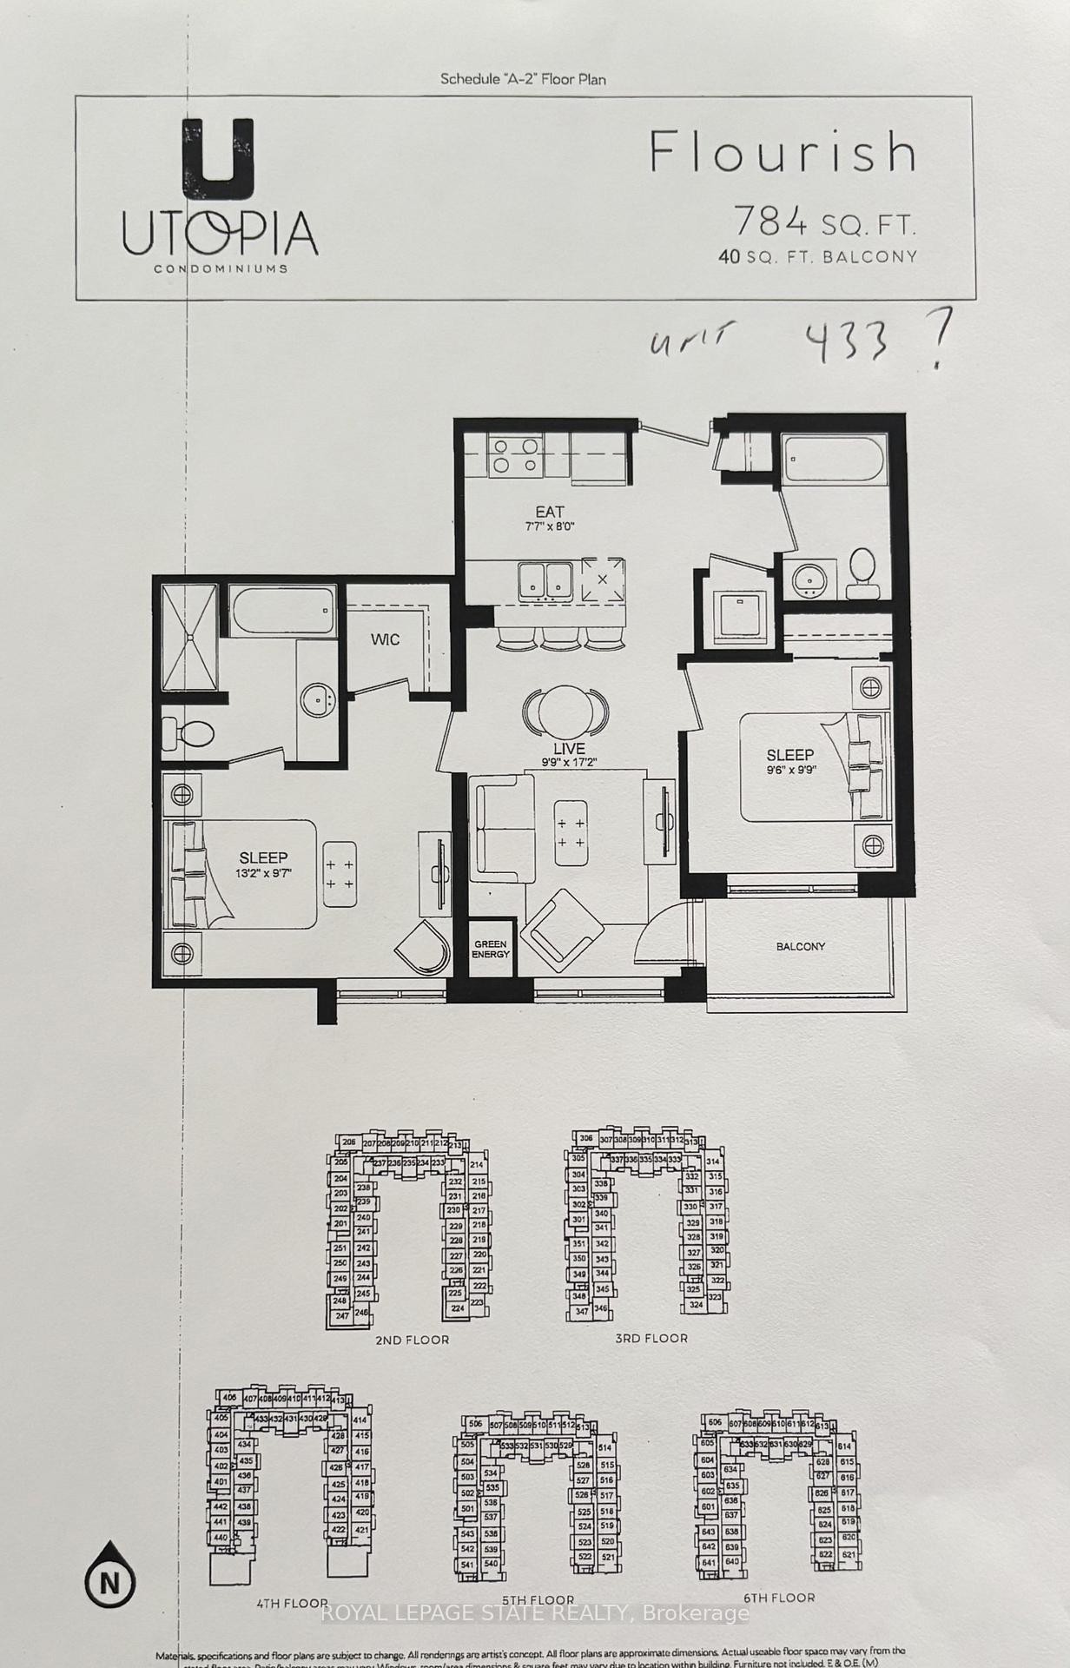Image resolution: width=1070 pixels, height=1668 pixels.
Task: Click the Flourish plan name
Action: pos(783,152)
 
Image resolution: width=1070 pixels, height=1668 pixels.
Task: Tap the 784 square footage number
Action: pos(771,222)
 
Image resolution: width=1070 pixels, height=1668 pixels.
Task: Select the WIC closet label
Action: pos(385,639)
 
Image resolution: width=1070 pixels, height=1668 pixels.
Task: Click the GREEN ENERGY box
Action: pos(491,949)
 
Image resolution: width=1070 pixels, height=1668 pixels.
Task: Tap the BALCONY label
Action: pos(800,946)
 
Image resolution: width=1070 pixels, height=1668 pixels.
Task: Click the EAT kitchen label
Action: pos(549,512)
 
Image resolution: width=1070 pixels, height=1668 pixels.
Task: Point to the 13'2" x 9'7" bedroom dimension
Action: pos(263,873)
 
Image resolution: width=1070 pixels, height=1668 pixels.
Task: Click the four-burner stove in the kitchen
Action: pos(514,456)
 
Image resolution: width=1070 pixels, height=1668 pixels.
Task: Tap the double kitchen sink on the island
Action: pos(545,579)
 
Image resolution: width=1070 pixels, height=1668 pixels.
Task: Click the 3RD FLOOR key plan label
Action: pos(651,1338)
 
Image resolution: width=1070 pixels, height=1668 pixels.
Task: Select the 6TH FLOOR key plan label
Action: pos(777,1597)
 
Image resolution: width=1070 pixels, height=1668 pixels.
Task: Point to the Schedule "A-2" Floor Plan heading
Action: pos(523,79)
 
